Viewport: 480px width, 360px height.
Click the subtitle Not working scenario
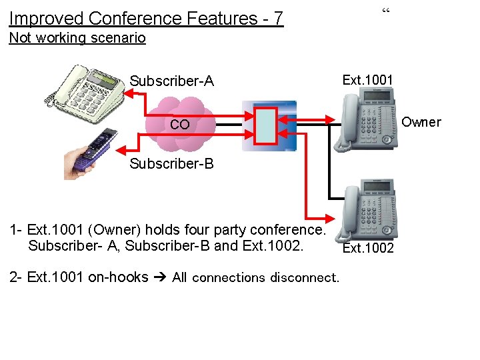pos(77,37)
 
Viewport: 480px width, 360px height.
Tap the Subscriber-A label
pos(171,81)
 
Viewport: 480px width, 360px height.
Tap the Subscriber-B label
pos(171,163)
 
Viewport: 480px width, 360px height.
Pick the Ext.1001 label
pos(367,80)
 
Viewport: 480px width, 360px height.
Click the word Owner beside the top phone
pos(421,122)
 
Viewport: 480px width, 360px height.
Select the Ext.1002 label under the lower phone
pos(367,249)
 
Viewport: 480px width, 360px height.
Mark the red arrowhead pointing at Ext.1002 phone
pos(328,218)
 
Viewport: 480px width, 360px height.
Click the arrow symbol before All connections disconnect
pos(160,277)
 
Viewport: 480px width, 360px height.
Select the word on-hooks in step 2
pos(118,277)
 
